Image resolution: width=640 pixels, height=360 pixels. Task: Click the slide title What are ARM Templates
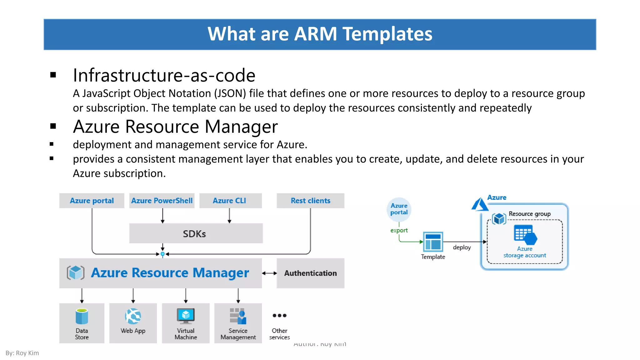tap(320, 34)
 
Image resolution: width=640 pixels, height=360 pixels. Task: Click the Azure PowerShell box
tap(162, 201)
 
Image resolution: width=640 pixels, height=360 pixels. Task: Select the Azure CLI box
tap(230, 201)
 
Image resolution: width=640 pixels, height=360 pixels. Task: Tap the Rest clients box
tap(310, 201)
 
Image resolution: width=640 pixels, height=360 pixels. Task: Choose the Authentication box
tap(310, 273)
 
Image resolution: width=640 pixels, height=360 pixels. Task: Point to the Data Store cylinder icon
tap(82, 316)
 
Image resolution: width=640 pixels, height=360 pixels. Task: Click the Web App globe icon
tap(133, 316)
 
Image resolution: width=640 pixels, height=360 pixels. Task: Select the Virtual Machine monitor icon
tap(186, 316)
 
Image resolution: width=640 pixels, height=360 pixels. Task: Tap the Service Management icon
tap(238, 316)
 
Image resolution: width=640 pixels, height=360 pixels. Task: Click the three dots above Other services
tap(279, 315)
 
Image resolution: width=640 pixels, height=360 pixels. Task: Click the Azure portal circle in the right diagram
tap(399, 209)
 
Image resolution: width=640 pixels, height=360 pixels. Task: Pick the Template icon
tap(433, 242)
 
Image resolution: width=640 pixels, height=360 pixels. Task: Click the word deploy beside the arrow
tap(462, 247)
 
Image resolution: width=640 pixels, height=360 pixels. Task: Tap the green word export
tap(399, 230)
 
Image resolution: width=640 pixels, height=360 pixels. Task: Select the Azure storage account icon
tap(525, 235)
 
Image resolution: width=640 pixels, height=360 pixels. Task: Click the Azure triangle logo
tap(479, 204)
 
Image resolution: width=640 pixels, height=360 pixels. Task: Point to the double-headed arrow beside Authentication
tap(269, 273)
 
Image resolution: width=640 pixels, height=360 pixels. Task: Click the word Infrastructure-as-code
tap(164, 75)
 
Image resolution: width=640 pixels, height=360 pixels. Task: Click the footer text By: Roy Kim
tap(22, 353)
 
